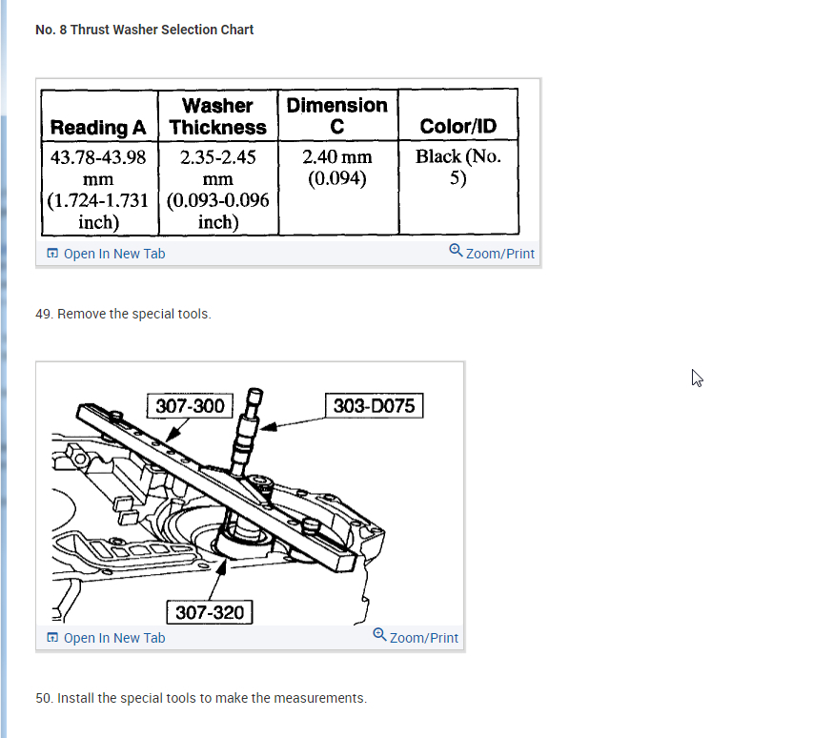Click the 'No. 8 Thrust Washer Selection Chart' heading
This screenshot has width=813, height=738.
144,30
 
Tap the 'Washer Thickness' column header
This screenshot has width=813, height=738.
217,116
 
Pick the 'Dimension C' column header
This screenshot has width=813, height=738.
337,115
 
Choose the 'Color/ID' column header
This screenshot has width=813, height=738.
457,127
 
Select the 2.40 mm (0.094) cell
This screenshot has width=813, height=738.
337,167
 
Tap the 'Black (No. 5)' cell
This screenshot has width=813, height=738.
457,167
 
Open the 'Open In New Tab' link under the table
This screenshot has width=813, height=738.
113,254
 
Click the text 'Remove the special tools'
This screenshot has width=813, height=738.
133,314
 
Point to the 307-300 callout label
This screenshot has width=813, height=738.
191,406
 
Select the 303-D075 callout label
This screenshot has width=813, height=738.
374,406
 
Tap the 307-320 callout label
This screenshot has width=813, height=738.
211,612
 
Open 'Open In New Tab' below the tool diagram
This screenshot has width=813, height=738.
113,638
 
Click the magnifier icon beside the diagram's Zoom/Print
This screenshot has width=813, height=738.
380,635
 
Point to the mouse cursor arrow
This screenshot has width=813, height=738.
697,378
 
